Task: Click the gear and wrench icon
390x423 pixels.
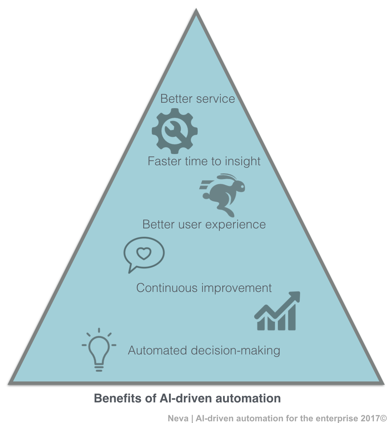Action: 174,131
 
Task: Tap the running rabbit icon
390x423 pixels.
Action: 223,194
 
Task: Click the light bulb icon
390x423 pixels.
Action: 99,350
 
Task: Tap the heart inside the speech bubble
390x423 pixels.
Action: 144,253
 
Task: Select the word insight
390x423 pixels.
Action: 243,161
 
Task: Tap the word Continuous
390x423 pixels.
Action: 167,288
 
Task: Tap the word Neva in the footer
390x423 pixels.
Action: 178,418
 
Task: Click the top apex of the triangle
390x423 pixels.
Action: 196,11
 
